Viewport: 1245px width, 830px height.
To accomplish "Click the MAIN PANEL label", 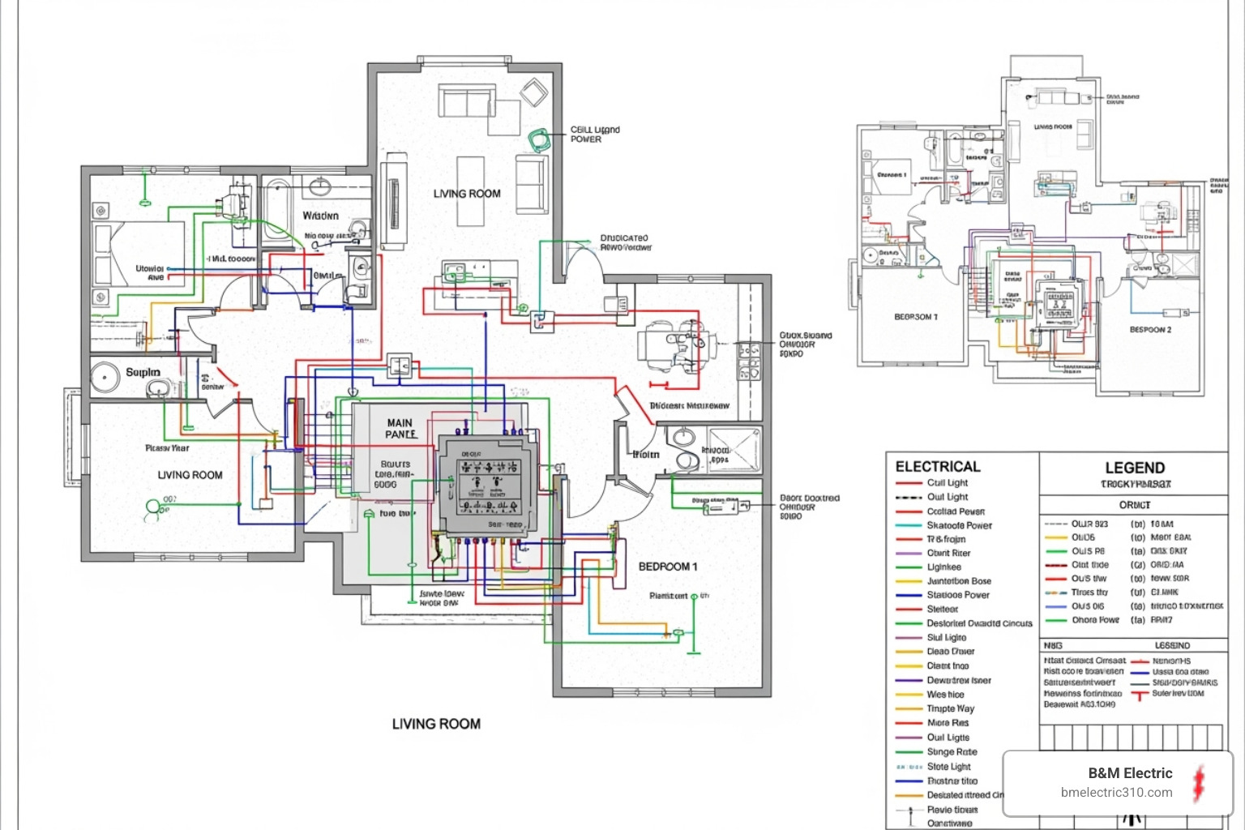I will coord(400,428).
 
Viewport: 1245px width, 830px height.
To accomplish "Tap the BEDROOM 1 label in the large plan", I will coord(668,567).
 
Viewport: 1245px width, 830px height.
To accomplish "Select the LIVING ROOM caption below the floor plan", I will coord(436,724).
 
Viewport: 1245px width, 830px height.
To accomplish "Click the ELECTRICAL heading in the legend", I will coord(938,467).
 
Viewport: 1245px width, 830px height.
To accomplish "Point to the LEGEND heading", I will coord(1135,468).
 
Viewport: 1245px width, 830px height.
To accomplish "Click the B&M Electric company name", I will coord(1130,773).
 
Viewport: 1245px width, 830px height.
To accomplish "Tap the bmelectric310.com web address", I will coord(1116,793).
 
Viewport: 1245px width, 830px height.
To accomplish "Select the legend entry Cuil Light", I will coord(947,483).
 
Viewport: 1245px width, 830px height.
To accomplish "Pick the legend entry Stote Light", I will coord(948,767).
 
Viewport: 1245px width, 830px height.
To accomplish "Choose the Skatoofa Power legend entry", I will coord(959,525).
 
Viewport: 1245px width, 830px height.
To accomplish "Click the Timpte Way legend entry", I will coord(950,708).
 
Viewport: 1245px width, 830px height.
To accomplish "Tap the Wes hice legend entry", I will coord(945,695).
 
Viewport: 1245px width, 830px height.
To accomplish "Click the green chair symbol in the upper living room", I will coord(537,140).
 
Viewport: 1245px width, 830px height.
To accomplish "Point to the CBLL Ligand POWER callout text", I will coord(594,135).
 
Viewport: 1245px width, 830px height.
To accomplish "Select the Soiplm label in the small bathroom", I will coord(143,373).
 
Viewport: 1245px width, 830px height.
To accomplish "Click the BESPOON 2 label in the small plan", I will coord(1150,330).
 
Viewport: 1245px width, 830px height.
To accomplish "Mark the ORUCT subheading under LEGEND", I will coord(1135,505).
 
